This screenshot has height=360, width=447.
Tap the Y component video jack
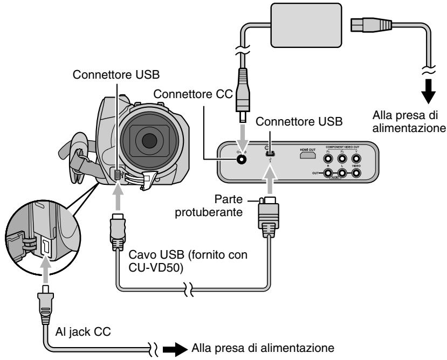pos(356,158)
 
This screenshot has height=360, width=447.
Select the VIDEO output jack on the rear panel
pos(356,174)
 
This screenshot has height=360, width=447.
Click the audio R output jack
pos(327,174)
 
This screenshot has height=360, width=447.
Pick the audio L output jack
pos(341,174)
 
